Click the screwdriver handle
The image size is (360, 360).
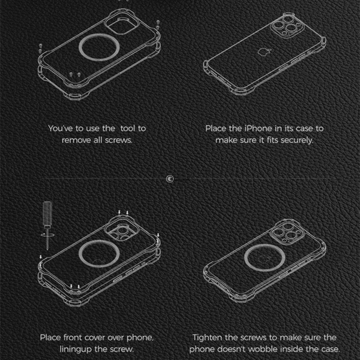(47, 213)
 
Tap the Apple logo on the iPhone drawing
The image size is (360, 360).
(264, 52)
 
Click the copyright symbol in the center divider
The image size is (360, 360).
(170, 179)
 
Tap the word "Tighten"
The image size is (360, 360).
(208, 337)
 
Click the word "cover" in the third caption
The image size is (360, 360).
(94, 337)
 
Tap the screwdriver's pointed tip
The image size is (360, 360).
(47, 250)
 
